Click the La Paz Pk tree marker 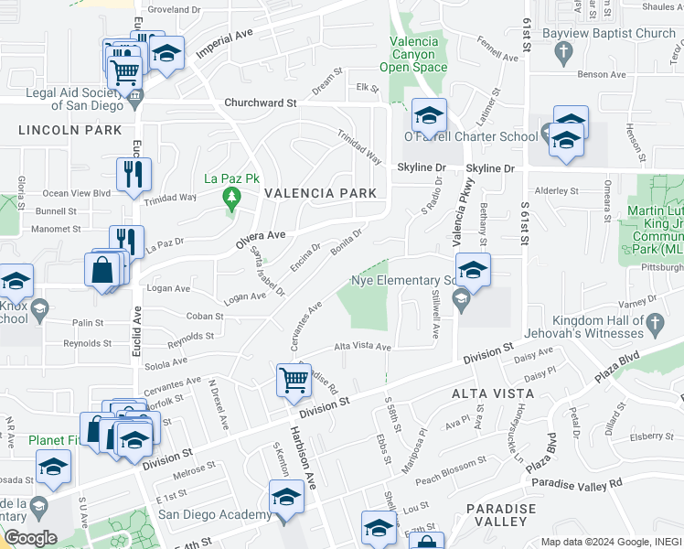click(231, 196)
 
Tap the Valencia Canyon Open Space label click(419, 54)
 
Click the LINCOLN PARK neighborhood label click(69, 130)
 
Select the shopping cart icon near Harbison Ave click(294, 378)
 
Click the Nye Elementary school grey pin click(462, 296)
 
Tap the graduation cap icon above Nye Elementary click(473, 270)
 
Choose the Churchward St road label click(261, 103)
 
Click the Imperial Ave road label click(223, 42)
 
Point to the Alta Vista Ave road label click(362, 347)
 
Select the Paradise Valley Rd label click(576, 482)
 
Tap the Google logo click(30, 538)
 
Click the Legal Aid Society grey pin click(134, 94)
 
